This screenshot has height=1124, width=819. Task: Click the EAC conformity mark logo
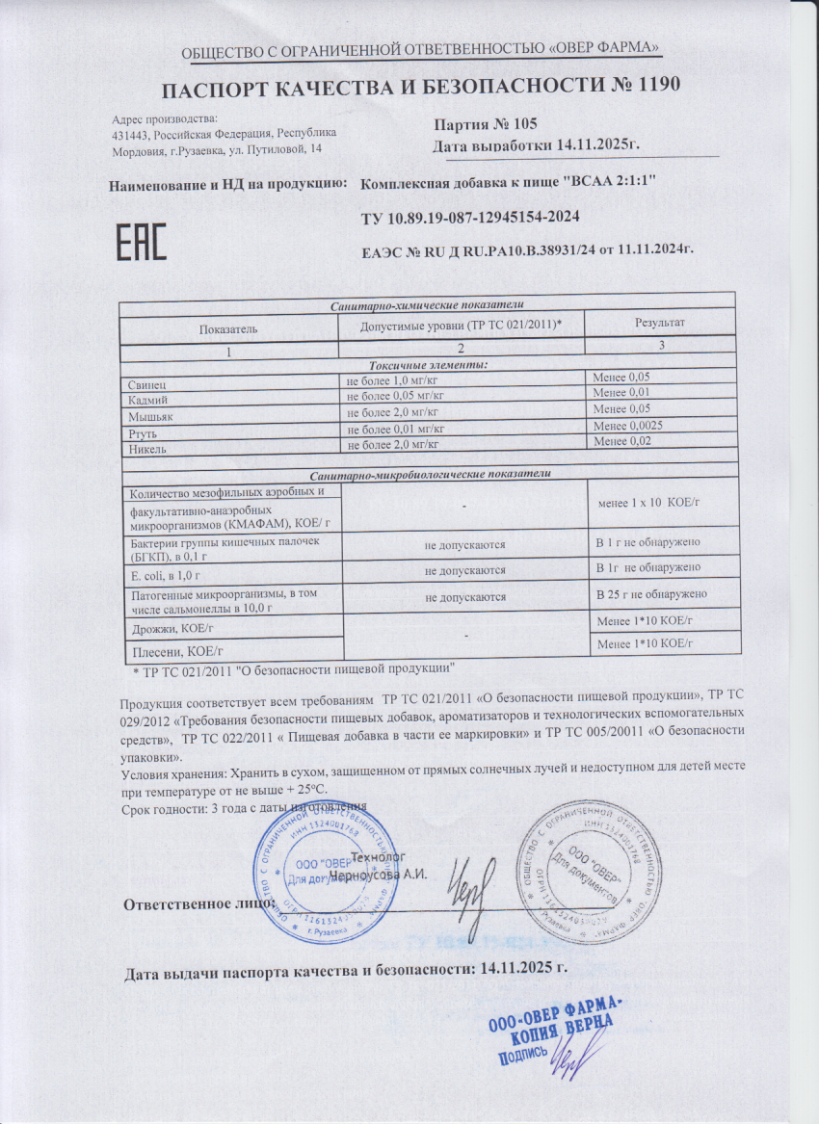click(142, 242)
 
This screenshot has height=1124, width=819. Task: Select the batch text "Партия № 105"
click(485, 124)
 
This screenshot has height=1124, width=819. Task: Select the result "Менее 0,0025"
click(632, 426)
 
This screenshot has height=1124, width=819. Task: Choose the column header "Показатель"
click(228, 329)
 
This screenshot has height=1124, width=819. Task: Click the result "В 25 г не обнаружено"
click(652, 594)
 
